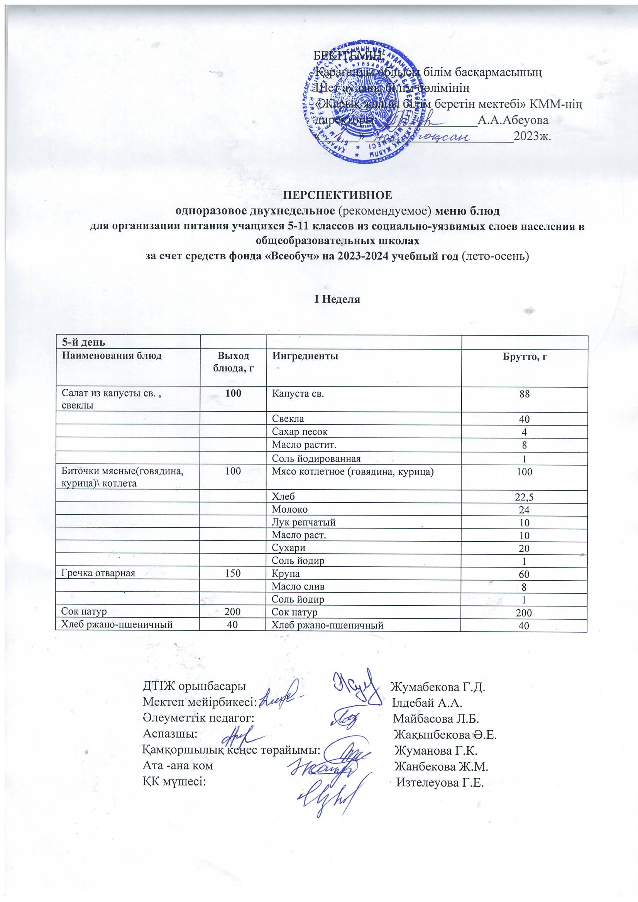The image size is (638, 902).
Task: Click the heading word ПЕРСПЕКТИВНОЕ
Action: tap(338, 195)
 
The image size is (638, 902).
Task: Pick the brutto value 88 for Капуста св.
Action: tap(525, 394)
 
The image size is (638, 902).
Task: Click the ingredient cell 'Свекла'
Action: tap(288, 419)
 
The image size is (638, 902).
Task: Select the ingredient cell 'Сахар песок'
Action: tap(300, 432)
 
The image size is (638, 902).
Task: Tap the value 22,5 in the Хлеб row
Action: tap(524, 497)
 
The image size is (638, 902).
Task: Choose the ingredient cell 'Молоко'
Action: tap(290, 510)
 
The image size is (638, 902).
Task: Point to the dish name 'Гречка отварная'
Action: tap(98, 573)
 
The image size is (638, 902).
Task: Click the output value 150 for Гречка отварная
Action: tap(233, 573)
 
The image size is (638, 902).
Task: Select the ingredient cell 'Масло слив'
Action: tap(298, 586)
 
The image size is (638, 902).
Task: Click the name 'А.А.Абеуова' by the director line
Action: tap(513, 120)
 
